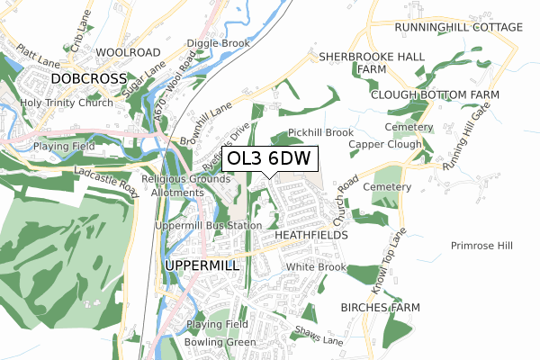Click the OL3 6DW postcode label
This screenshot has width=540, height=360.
(x=269, y=158)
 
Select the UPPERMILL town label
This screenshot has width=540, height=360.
(x=202, y=265)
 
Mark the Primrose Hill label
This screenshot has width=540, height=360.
(x=481, y=245)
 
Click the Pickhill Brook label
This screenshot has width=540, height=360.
(x=320, y=133)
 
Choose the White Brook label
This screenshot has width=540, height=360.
(x=316, y=267)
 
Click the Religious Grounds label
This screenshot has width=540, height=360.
(x=186, y=178)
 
